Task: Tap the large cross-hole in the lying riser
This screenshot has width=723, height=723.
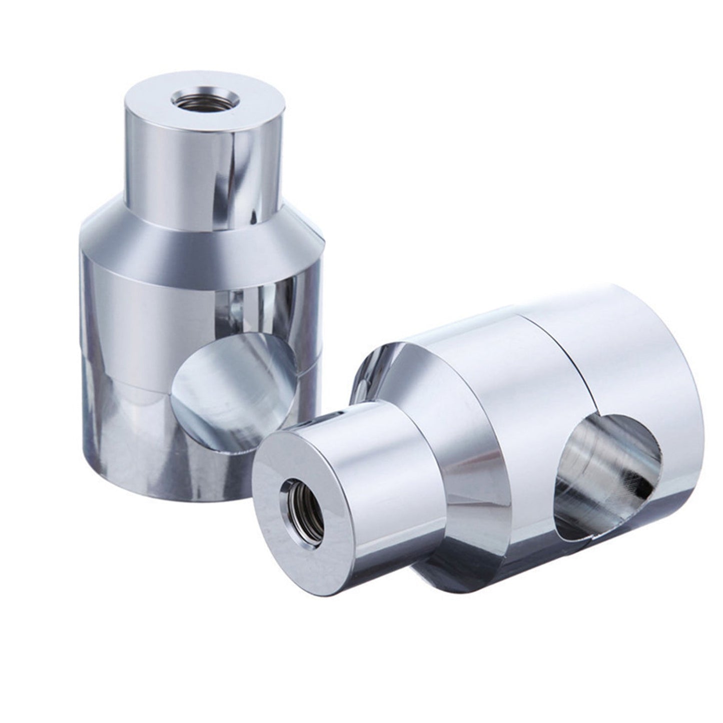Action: coord(610,480)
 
